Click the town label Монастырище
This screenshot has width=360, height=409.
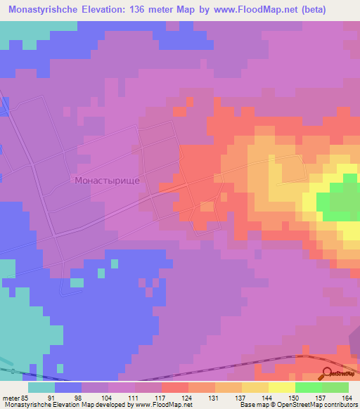click(107, 181)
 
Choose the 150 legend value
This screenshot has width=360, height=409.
click(292, 397)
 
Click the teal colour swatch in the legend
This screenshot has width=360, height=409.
click(41, 387)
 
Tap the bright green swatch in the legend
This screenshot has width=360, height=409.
click(309, 387)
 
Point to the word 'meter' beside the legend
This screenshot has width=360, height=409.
click(9, 397)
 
